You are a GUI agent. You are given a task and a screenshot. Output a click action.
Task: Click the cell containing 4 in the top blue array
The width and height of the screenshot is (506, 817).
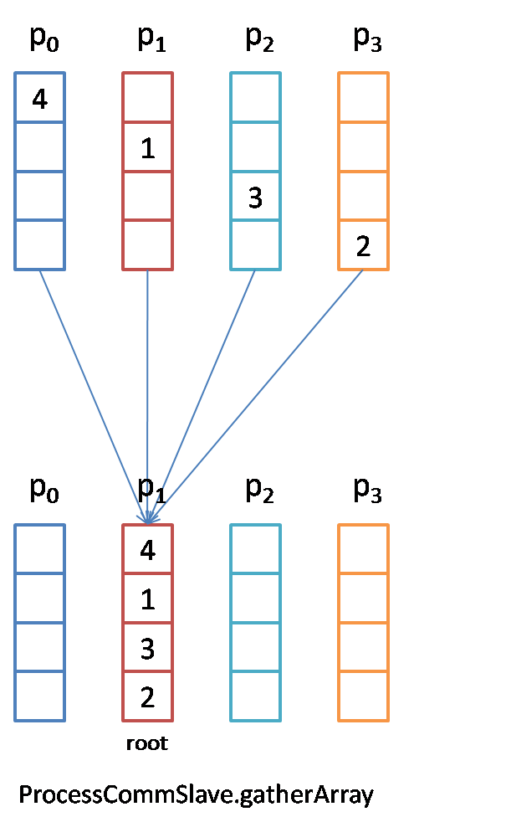pos(39,98)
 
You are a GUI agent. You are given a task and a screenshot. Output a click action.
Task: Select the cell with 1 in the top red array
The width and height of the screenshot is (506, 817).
pos(148,147)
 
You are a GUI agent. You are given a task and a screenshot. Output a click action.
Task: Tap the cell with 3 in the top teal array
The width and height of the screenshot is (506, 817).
pos(256,197)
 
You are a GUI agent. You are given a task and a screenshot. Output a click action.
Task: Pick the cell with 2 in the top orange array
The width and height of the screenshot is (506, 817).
pos(363,245)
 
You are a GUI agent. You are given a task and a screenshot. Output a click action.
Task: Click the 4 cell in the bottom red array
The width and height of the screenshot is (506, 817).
pos(148,550)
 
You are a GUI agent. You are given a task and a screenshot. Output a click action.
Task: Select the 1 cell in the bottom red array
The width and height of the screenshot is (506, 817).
pos(148,599)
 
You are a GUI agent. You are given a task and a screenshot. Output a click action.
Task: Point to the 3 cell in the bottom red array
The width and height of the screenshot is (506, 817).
pos(148,648)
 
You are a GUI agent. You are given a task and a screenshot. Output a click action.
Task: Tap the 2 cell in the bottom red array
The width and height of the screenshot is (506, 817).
pos(148,696)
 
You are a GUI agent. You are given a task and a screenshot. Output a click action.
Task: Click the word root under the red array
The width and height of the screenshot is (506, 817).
pos(147,743)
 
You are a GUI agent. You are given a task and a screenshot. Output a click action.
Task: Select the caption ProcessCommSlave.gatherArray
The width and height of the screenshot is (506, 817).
pos(196,794)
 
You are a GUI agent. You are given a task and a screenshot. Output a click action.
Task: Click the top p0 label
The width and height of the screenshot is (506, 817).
pos(44,40)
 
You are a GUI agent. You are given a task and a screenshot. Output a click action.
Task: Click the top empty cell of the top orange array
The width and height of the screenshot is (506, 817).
pos(363,98)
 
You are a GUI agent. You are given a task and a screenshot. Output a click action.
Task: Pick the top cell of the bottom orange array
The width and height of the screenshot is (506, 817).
pos(363,550)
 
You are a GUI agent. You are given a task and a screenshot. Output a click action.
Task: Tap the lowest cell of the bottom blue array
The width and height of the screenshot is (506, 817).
pos(39,696)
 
